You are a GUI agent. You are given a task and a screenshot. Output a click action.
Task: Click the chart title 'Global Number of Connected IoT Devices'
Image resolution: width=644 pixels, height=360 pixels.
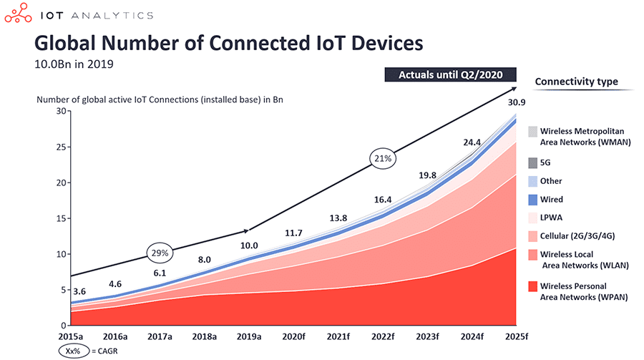[229, 44]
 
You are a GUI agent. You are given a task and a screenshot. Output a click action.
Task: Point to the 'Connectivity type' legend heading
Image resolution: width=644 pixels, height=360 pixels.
[576, 82]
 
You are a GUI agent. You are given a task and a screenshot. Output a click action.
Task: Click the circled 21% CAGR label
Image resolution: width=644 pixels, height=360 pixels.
[381, 157]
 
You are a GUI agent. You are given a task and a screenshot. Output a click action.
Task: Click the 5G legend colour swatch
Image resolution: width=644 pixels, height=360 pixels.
[533, 162]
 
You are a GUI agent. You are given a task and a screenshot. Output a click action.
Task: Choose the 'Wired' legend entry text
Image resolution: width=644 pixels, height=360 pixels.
[551, 200]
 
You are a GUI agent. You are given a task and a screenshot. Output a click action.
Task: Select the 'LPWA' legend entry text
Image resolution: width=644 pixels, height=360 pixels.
[551, 218]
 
